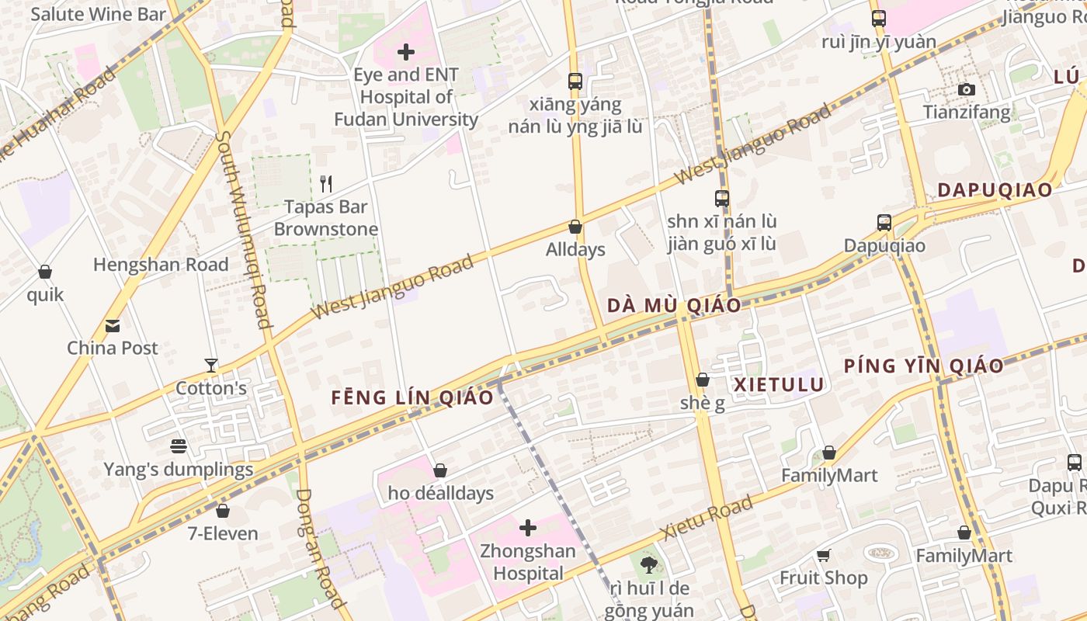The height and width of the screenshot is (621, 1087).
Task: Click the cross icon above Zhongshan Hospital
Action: coord(528,529)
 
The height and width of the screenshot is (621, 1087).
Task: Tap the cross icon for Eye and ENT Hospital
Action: coord(405,52)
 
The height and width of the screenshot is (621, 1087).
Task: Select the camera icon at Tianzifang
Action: coord(967,90)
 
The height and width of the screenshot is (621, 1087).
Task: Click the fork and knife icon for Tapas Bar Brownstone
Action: coord(326,184)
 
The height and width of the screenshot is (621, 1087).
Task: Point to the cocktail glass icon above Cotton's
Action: coord(210,365)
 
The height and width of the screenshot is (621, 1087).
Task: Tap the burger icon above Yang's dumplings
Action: coord(179,446)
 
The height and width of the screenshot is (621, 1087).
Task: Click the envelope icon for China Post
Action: coord(113,325)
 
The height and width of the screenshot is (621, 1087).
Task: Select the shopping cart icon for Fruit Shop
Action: coord(823,555)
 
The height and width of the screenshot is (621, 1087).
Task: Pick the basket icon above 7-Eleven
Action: coord(223,511)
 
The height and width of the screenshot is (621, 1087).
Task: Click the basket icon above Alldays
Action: coord(575,227)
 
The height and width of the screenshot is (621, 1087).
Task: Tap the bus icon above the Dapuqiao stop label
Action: coord(884,223)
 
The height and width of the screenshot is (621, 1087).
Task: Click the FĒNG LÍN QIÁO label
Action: coord(412,398)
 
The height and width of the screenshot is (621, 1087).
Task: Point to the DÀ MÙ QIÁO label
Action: coord(674,305)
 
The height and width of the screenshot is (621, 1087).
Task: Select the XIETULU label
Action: coord(779,385)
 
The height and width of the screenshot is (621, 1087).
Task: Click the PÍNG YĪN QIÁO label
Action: coord(924,366)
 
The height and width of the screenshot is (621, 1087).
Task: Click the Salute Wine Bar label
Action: coord(99,14)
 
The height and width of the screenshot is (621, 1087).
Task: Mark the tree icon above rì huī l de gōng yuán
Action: coord(648,564)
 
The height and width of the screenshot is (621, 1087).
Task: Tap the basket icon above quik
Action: coord(45,272)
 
